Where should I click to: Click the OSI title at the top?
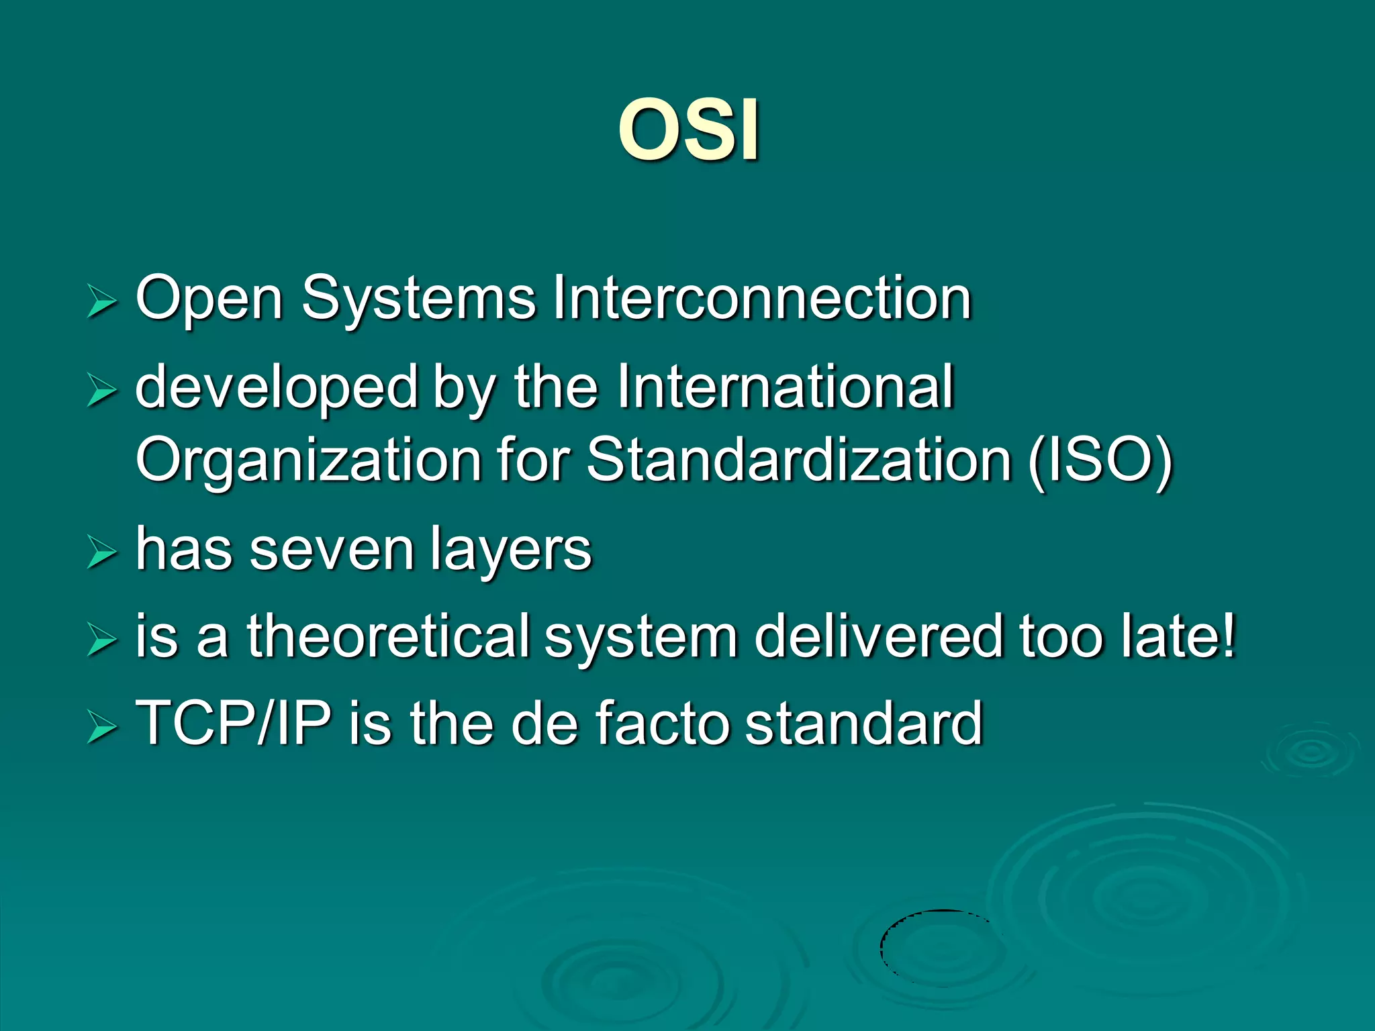pyautogui.click(x=689, y=129)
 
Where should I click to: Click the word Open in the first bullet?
pyautogui.click(x=209, y=299)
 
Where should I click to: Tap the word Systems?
pyautogui.click(x=418, y=299)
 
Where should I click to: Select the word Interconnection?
pyautogui.click(x=761, y=299)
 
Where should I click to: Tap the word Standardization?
pyautogui.click(x=798, y=460)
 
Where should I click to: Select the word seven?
pyautogui.click(x=332, y=550)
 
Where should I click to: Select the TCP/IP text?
pyautogui.click(x=233, y=724)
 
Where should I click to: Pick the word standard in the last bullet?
pyautogui.click(x=864, y=724)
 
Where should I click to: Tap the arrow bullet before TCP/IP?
pyautogui.click(x=102, y=728)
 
